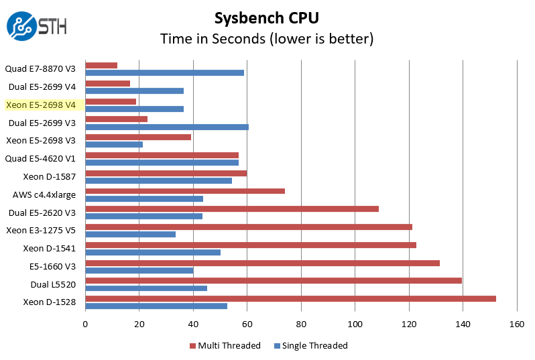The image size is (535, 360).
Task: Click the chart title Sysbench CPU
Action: pos(266,17)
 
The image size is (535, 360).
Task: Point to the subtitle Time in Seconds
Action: pos(266,39)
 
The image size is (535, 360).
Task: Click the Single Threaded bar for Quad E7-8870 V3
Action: pos(164,72)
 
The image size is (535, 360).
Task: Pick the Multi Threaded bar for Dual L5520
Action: pos(274,280)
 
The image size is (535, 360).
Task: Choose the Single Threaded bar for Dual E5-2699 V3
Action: pos(167,127)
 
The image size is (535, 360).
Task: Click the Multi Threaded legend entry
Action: pos(225,346)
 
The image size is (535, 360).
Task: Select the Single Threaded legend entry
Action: pos(311,346)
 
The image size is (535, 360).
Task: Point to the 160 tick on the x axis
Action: pos(516,324)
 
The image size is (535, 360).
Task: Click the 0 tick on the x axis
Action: pos(85,324)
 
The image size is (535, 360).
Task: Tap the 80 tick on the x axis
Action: pos(301,324)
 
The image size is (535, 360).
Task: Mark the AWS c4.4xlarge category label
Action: pos(44,195)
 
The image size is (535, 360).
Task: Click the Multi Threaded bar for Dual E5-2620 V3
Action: pos(232,208)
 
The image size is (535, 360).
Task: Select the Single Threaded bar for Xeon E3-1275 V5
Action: pos(130,235)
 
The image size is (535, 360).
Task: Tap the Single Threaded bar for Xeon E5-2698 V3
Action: pos(114,144)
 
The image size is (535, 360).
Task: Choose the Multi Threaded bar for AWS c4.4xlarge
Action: pos(185,191)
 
